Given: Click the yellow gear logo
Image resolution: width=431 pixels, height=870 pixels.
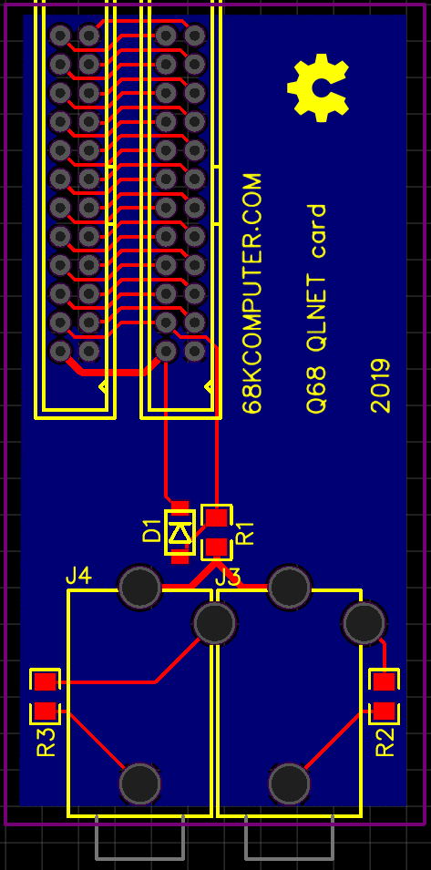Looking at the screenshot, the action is pos(318,87).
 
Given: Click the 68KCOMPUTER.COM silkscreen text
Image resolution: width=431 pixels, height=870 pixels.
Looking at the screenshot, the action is pos(252,293).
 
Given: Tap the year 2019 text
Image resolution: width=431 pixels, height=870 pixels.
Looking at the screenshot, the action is pos(381,385).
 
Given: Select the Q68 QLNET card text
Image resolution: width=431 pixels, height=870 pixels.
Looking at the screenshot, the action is pos(317,309).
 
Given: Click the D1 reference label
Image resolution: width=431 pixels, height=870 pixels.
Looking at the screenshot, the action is pos(151,531).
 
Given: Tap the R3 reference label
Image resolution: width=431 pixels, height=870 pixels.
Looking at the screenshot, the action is pos(46,742).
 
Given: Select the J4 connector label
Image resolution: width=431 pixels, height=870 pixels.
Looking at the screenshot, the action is pos(78,577).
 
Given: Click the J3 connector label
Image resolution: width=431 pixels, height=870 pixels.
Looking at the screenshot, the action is pos(228,578).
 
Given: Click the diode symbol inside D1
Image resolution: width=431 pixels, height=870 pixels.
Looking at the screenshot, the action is pos(180,533).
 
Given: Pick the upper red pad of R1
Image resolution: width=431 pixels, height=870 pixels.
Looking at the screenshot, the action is pos(216,517).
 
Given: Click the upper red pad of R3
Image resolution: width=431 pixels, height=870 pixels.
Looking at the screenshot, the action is pos(45,681).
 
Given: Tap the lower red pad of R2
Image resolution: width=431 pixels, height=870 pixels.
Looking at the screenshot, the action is pos(384,711).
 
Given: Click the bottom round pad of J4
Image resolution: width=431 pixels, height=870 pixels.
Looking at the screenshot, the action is pos(139,783).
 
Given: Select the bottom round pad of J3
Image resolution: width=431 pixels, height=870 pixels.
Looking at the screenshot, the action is pos(289,783).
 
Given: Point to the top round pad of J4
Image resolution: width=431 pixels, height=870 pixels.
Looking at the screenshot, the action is pos(139,587).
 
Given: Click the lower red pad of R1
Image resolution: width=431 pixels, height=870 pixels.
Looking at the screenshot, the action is pos(216,548).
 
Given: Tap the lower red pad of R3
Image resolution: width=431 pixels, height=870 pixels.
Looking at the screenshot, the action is pos(45,711).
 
